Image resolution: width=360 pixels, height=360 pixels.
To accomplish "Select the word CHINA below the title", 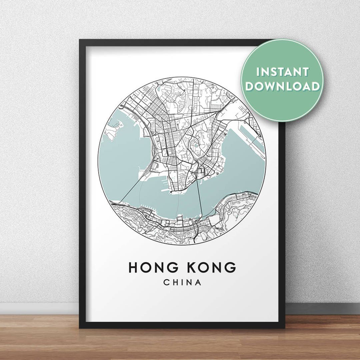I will pyautogui.click(x=182, y=282).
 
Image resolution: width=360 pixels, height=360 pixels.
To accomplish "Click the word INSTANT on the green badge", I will pyautogui.click(x=282, y=72).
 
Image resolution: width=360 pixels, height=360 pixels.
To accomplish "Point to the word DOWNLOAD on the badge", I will pyautogui.click(x=282, y=86).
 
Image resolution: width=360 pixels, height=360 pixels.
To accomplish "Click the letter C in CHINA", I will pyautogui.click(x=166, y=282).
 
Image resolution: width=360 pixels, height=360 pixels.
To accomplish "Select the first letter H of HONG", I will pyautogui.click(x=134, y=267).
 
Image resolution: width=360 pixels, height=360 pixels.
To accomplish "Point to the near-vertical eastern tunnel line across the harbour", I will pyautogui.click(x=199, y=197).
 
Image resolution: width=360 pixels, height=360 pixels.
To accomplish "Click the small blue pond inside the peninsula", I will pyautogui.click(x=196, y=145).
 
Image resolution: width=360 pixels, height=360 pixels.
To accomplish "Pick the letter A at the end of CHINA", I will pyautogui.click(x=199, y=282).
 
